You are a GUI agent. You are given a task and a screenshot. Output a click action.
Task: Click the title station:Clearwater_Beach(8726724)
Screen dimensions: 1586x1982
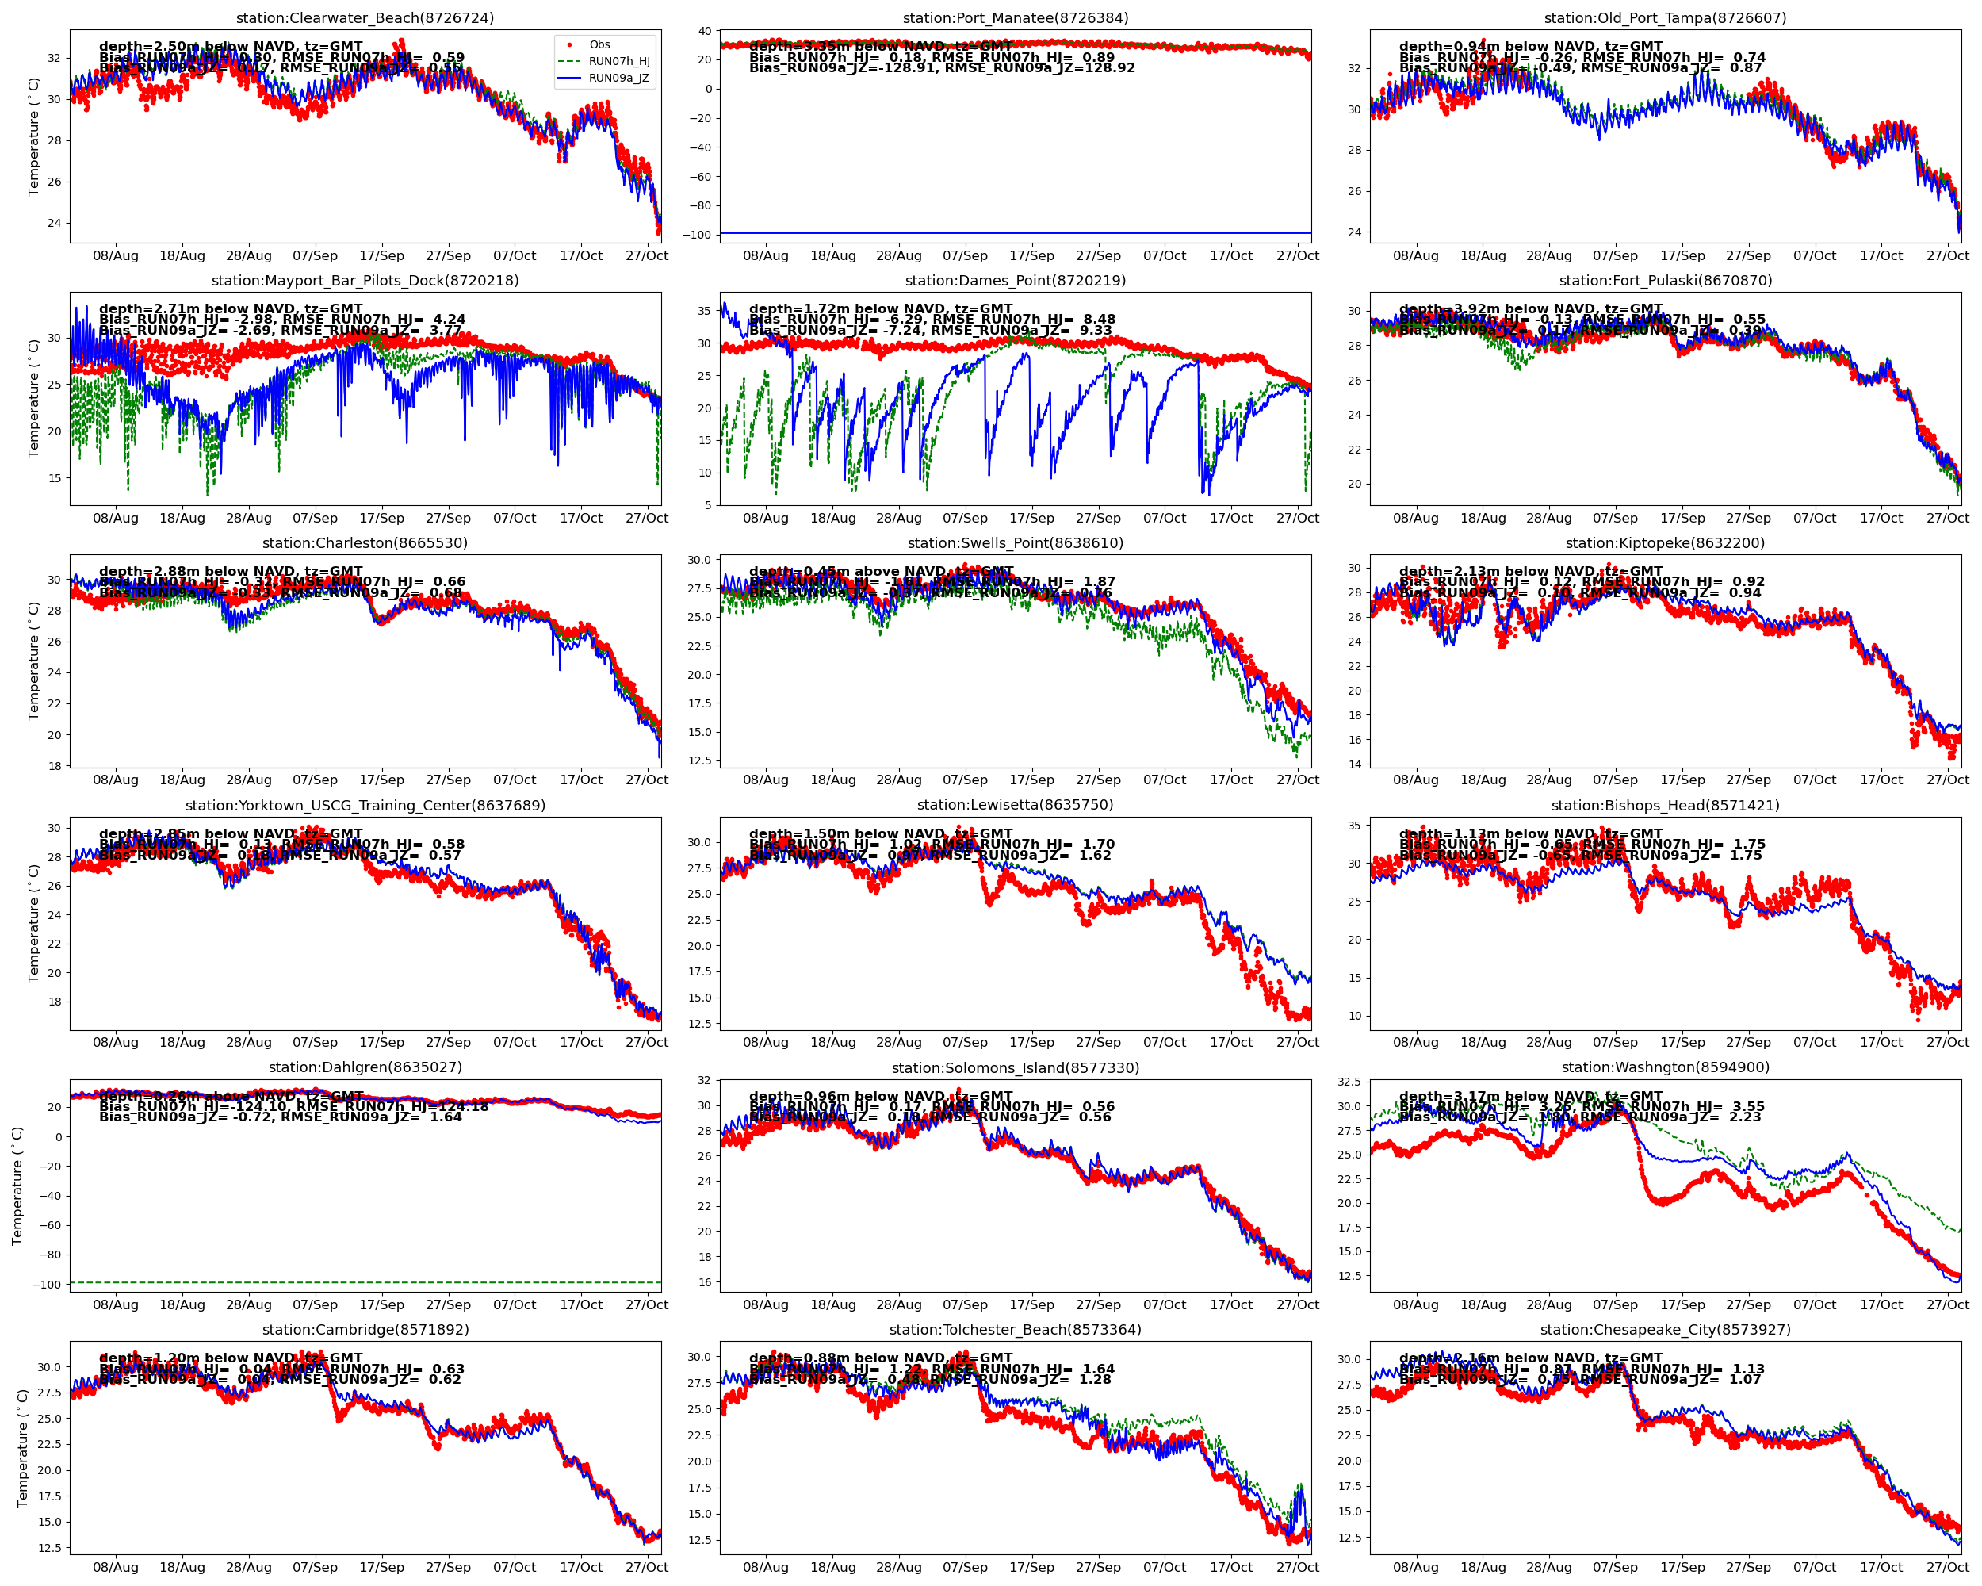pyautogui.click(x=365, y=18)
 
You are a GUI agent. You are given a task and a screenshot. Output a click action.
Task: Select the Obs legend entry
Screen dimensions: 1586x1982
pyautogui.click(x=599, y=44)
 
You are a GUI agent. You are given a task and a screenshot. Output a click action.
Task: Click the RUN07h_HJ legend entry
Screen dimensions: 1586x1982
pyautogui.click(x=618, y=62)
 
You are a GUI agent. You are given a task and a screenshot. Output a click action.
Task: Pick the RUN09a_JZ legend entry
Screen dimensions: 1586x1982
pyautogui.click(x=618, y=79)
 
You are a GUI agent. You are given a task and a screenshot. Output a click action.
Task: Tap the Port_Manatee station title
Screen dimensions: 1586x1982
pyautogui.click(x=1015, y=18)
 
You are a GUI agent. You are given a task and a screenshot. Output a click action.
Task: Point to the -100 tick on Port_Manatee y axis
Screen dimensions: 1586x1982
pyautogui.click(x=696, y=235)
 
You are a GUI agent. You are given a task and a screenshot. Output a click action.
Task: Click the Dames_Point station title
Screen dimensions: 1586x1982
pyautogui.click(x=1015, y=281)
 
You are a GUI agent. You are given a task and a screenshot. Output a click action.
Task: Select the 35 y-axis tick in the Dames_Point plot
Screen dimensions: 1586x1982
pyautogui.click(x=704, y=311)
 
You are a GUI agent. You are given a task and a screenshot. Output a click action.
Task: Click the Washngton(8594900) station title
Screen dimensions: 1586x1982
pyautogui.click(x=1665, y=1067)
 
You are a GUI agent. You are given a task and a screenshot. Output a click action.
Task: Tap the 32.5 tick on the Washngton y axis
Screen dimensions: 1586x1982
pyautogui.click(x=1349, y=1082)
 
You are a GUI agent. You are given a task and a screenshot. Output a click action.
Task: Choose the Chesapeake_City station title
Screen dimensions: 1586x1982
pyautogui.click(x=1665, y=1330)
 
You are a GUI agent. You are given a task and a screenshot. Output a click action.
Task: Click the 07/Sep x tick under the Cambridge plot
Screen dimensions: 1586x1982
pyautogui.click(x=316, y=1567)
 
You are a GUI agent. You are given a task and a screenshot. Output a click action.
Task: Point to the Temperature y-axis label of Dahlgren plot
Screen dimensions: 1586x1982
pyautogui.click(x=17, y=1186)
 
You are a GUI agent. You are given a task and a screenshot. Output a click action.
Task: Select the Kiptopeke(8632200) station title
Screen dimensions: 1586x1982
pyautogui.click(x=1665, y=542)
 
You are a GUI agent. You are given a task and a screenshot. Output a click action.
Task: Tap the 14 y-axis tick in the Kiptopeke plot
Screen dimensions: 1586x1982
pyautogui.click(x=1354, y=764)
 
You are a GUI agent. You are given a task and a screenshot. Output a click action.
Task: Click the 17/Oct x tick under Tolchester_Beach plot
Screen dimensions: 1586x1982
pyautogui.click(x=1231, y=1567)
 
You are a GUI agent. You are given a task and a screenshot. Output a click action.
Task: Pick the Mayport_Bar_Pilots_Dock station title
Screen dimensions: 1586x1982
pyautogui.click(x=365, y=281)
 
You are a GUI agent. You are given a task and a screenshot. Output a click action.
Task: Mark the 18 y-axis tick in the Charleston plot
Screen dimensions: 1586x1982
pyautogui.click(x=55, y=766)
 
